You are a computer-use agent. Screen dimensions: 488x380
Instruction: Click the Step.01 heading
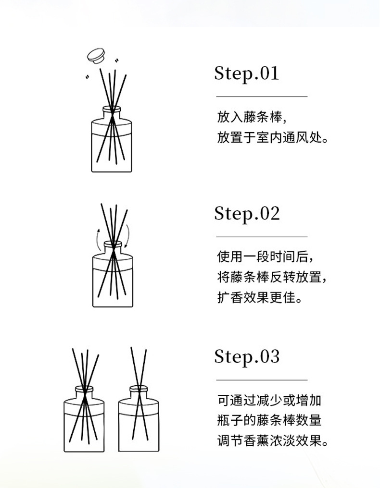click(246, 74)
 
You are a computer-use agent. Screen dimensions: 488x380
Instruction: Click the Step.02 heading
click(247, 214)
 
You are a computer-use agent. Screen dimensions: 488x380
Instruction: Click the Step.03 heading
click(247, 357)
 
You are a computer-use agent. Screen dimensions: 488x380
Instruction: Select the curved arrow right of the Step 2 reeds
click(127, 236)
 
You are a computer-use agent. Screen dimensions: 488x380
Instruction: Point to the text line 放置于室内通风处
click(273, 139)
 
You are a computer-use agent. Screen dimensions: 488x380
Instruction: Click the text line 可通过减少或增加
click(269, 400)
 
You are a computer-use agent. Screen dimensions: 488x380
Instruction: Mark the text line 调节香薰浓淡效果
click(273, 441)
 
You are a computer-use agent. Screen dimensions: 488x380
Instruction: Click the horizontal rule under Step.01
click(261, 97)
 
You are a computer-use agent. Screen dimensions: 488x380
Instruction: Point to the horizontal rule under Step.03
click(261, 380)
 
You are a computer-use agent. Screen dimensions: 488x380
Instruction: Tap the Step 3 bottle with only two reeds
click(139, 420)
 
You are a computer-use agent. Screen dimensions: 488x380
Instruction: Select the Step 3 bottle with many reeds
click(84, 420)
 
